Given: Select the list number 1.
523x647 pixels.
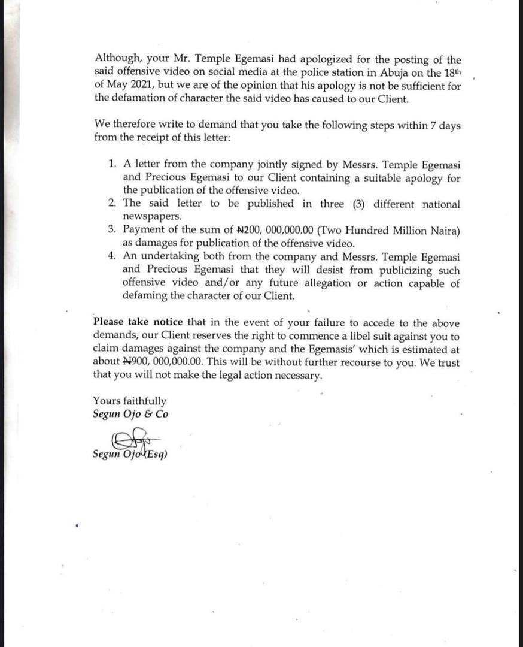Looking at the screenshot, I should (112, 164).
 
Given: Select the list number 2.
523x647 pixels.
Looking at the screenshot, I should (112, 204).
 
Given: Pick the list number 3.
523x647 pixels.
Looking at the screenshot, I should (112, 231).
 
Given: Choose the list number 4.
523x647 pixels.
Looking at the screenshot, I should (112, 257).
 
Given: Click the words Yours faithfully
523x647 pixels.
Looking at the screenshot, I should (130, 401).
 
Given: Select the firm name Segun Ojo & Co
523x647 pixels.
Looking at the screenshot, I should (130, 414).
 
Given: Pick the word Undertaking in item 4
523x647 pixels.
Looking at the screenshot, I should (168, 257).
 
